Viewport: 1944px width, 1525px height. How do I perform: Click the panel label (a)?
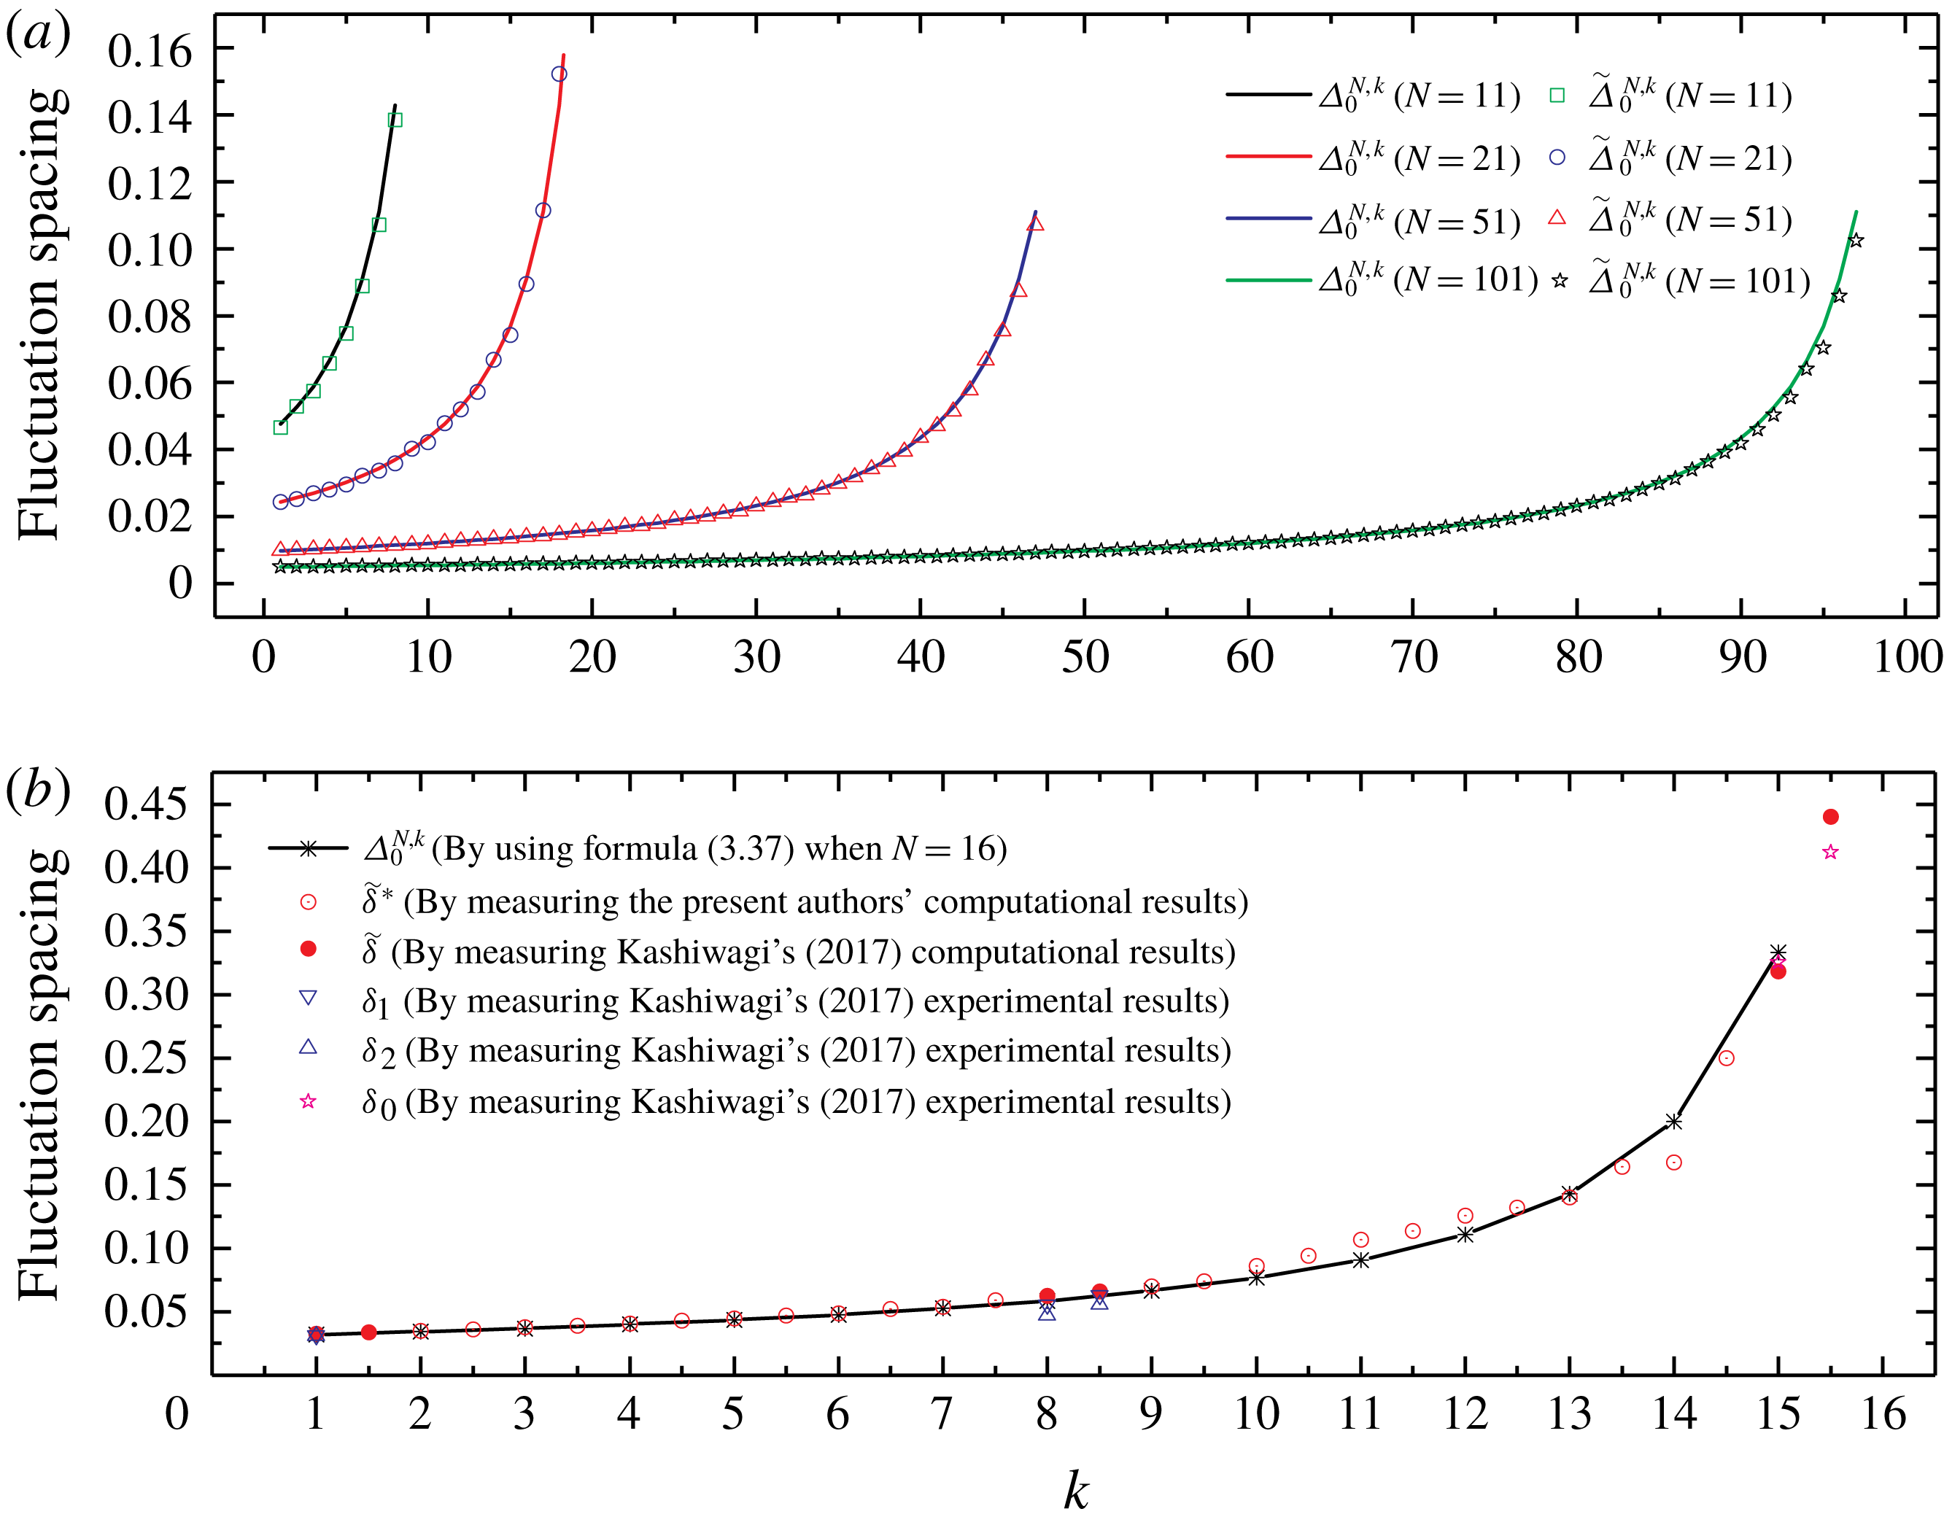pos(37,36)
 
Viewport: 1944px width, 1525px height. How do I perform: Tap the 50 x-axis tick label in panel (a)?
pos(1084,658)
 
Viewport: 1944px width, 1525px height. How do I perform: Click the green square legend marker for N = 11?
pos(1557,96)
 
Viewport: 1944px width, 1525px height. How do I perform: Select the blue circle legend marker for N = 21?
pos(1557,158)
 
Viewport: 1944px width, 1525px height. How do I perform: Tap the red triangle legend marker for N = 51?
pos(1557,217)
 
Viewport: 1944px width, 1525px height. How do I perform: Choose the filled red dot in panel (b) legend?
pos(308,949)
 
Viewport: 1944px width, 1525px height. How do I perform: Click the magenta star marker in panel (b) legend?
pos(308,1101)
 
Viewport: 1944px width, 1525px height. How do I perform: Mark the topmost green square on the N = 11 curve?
pos(395,120)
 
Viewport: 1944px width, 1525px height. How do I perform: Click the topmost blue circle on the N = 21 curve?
pos(559,74)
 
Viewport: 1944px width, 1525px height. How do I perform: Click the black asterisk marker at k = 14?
pos(1673,1122)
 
